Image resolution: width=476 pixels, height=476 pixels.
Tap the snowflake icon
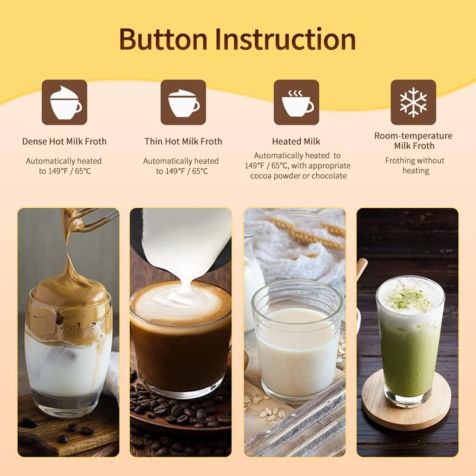pos(413,102)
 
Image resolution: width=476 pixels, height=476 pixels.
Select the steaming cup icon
pos(296,102)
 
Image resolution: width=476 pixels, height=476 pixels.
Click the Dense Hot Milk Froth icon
pos(64,102)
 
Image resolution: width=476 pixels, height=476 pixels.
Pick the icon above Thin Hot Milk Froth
pos(183,102)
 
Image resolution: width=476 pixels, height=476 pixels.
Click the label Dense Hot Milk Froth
pos(64,141)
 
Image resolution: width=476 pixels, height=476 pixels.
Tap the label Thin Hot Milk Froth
pos(183,141)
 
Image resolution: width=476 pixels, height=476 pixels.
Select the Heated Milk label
pos(296,141)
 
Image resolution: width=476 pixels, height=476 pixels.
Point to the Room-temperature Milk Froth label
pos(413,140)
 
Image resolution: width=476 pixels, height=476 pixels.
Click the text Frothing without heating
pos(415,165)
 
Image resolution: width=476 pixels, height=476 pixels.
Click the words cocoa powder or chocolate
pos(298,176)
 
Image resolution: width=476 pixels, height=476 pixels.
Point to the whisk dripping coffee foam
pos(88,221)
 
